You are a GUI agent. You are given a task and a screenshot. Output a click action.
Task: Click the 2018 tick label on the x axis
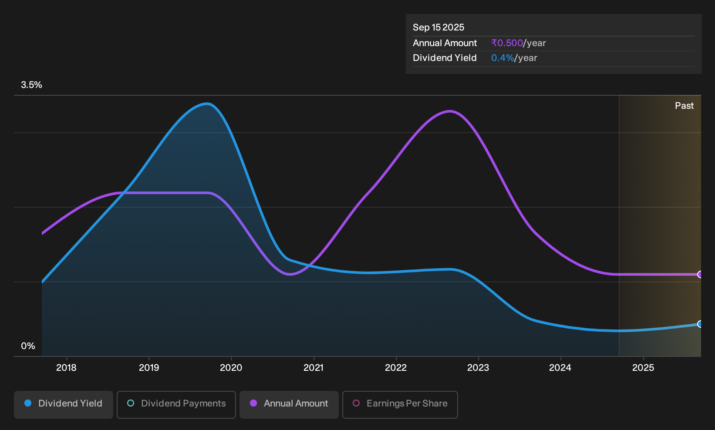66,368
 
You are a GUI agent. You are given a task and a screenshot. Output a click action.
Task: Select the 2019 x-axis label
149,368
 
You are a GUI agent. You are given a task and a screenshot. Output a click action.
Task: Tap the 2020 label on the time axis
231,368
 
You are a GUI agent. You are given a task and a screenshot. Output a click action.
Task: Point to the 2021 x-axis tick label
314,368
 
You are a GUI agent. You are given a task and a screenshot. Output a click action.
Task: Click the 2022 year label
396,368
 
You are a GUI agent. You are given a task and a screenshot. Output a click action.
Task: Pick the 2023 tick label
478,368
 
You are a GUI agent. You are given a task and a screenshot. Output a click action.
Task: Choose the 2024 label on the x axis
560,368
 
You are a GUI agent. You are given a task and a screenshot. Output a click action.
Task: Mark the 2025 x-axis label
643,368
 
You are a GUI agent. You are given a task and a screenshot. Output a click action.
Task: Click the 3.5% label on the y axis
31,85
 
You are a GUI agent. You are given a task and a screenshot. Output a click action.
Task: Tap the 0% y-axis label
28,346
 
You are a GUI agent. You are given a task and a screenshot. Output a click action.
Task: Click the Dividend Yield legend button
64,404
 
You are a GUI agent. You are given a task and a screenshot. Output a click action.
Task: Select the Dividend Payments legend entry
176,404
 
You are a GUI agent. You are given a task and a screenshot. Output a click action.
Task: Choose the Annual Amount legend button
289,404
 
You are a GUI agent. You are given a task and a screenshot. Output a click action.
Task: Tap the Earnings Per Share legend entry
400,404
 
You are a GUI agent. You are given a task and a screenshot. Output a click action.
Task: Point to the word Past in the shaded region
684,106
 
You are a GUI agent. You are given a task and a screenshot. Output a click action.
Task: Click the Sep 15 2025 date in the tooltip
438,27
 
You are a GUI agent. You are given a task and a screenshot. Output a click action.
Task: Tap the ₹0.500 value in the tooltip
507,43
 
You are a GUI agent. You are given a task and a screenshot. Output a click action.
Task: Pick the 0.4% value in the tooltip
503,58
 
